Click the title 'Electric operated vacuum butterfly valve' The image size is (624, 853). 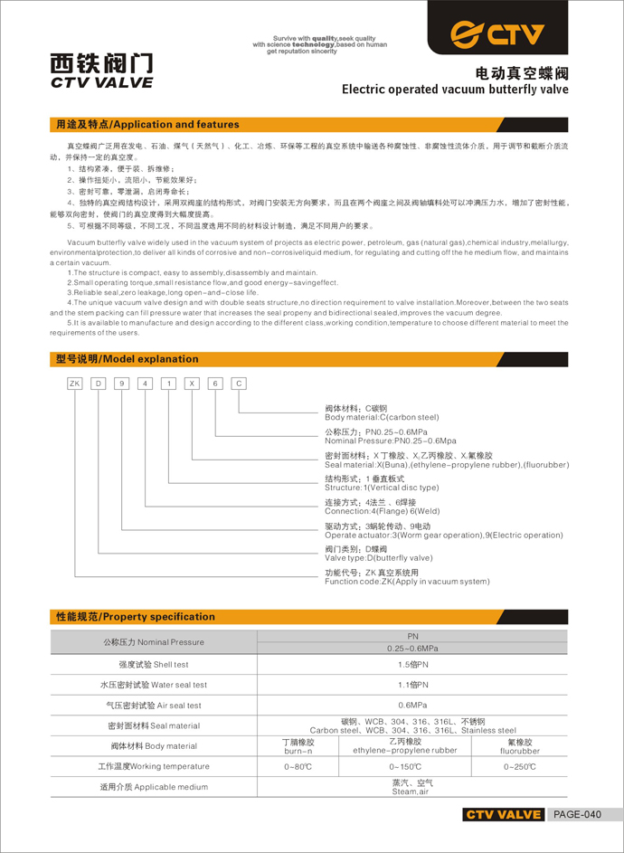click(455, 90)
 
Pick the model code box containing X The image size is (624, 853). click(192, 384)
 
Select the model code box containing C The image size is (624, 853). click(239, 384)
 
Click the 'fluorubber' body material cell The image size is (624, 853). click(519, 751)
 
